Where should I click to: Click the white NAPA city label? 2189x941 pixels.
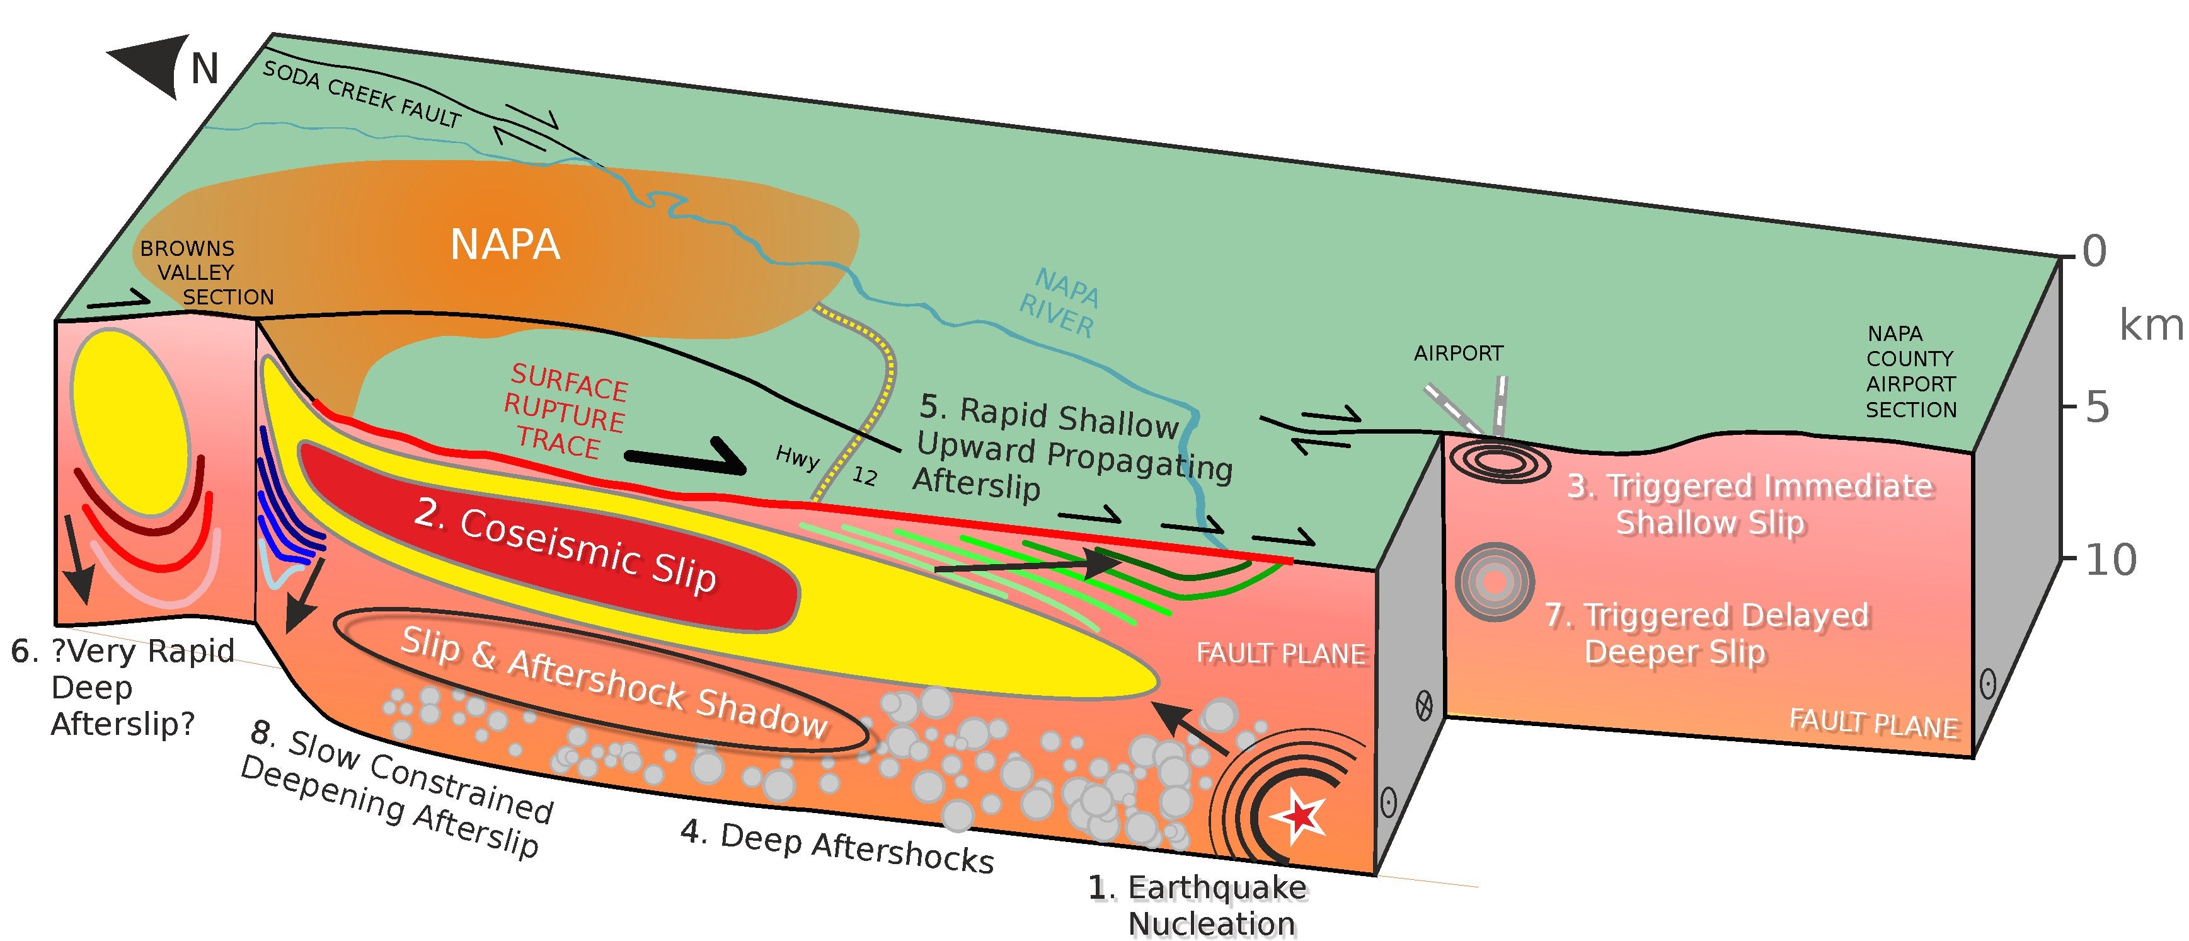pyautogui.click(x=505, y=245)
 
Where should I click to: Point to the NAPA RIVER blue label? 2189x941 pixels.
pyautogui.click(x=1061, y=303)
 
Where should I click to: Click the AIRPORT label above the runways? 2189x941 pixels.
pyautogui.click(x=1458, y=353)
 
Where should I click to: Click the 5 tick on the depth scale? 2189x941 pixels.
pyautogui.click(x=2097, y=408)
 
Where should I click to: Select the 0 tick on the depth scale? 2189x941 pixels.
pyautogui.click(x=2094, y=251)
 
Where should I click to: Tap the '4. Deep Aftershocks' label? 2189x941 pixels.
pyautogui.click(x=837, y=846)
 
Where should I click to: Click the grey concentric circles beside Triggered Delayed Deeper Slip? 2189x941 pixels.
pyautogui.click(x=1494, y=582)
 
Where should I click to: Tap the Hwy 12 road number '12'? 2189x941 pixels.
pyautogui.click(x=865, y=476)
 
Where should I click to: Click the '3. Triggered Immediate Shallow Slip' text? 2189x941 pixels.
pyautogui.click(x=1750, y=504)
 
